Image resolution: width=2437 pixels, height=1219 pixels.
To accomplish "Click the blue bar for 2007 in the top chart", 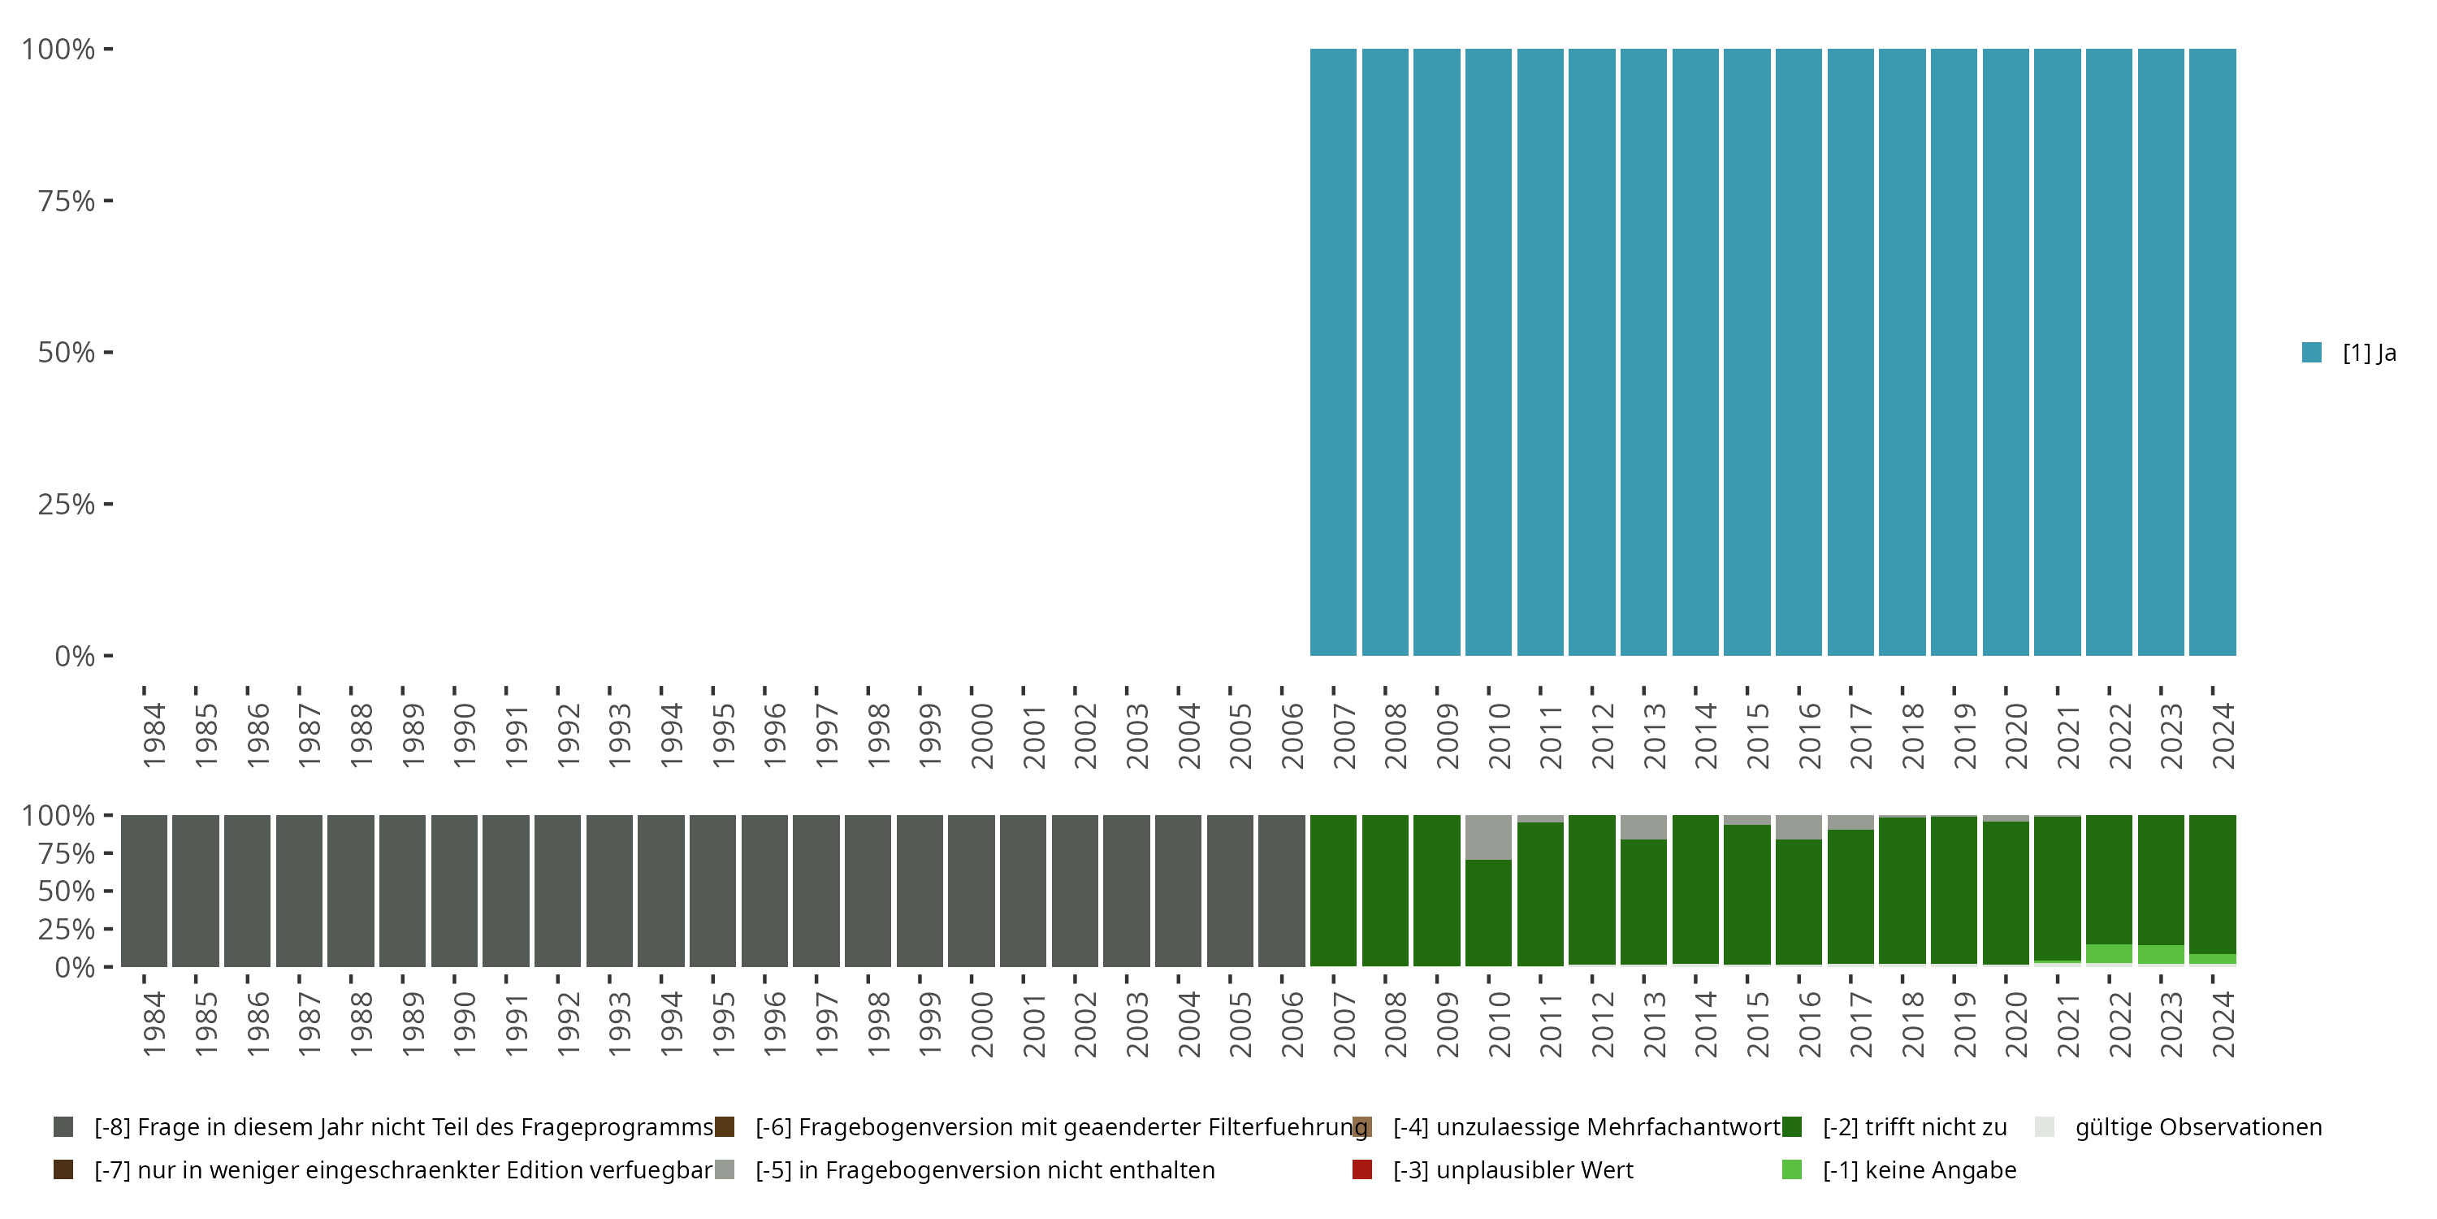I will (1333, 352).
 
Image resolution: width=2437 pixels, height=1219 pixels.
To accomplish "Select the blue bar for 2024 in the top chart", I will (2212, 352).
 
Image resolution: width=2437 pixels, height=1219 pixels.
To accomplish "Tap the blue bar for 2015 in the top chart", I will (1747, 352).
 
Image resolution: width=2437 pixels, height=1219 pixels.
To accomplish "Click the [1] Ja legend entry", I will (2350, 353).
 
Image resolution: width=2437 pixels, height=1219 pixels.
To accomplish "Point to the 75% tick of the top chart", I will (108, 201).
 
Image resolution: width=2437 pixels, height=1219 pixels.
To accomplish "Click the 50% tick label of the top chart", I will (67, 353).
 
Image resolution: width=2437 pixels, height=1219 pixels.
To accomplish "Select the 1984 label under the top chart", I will (154, 736).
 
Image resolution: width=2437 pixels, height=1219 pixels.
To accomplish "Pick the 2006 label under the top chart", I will (1292, 736).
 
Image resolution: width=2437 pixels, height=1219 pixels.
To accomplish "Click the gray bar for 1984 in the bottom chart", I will (144, 891).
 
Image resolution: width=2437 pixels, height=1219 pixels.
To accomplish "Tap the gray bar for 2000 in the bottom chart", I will (972, 891).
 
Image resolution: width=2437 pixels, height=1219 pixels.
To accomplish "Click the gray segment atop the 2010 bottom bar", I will (1488, 838).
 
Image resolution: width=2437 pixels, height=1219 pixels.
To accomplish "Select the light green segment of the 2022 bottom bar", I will (2109, 954).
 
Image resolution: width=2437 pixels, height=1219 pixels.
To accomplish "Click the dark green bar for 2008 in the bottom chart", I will (1385, 891).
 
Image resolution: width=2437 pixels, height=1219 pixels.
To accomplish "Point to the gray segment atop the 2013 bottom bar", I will (1643, 827).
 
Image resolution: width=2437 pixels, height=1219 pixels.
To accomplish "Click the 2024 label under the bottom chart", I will (2223, 1025).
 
